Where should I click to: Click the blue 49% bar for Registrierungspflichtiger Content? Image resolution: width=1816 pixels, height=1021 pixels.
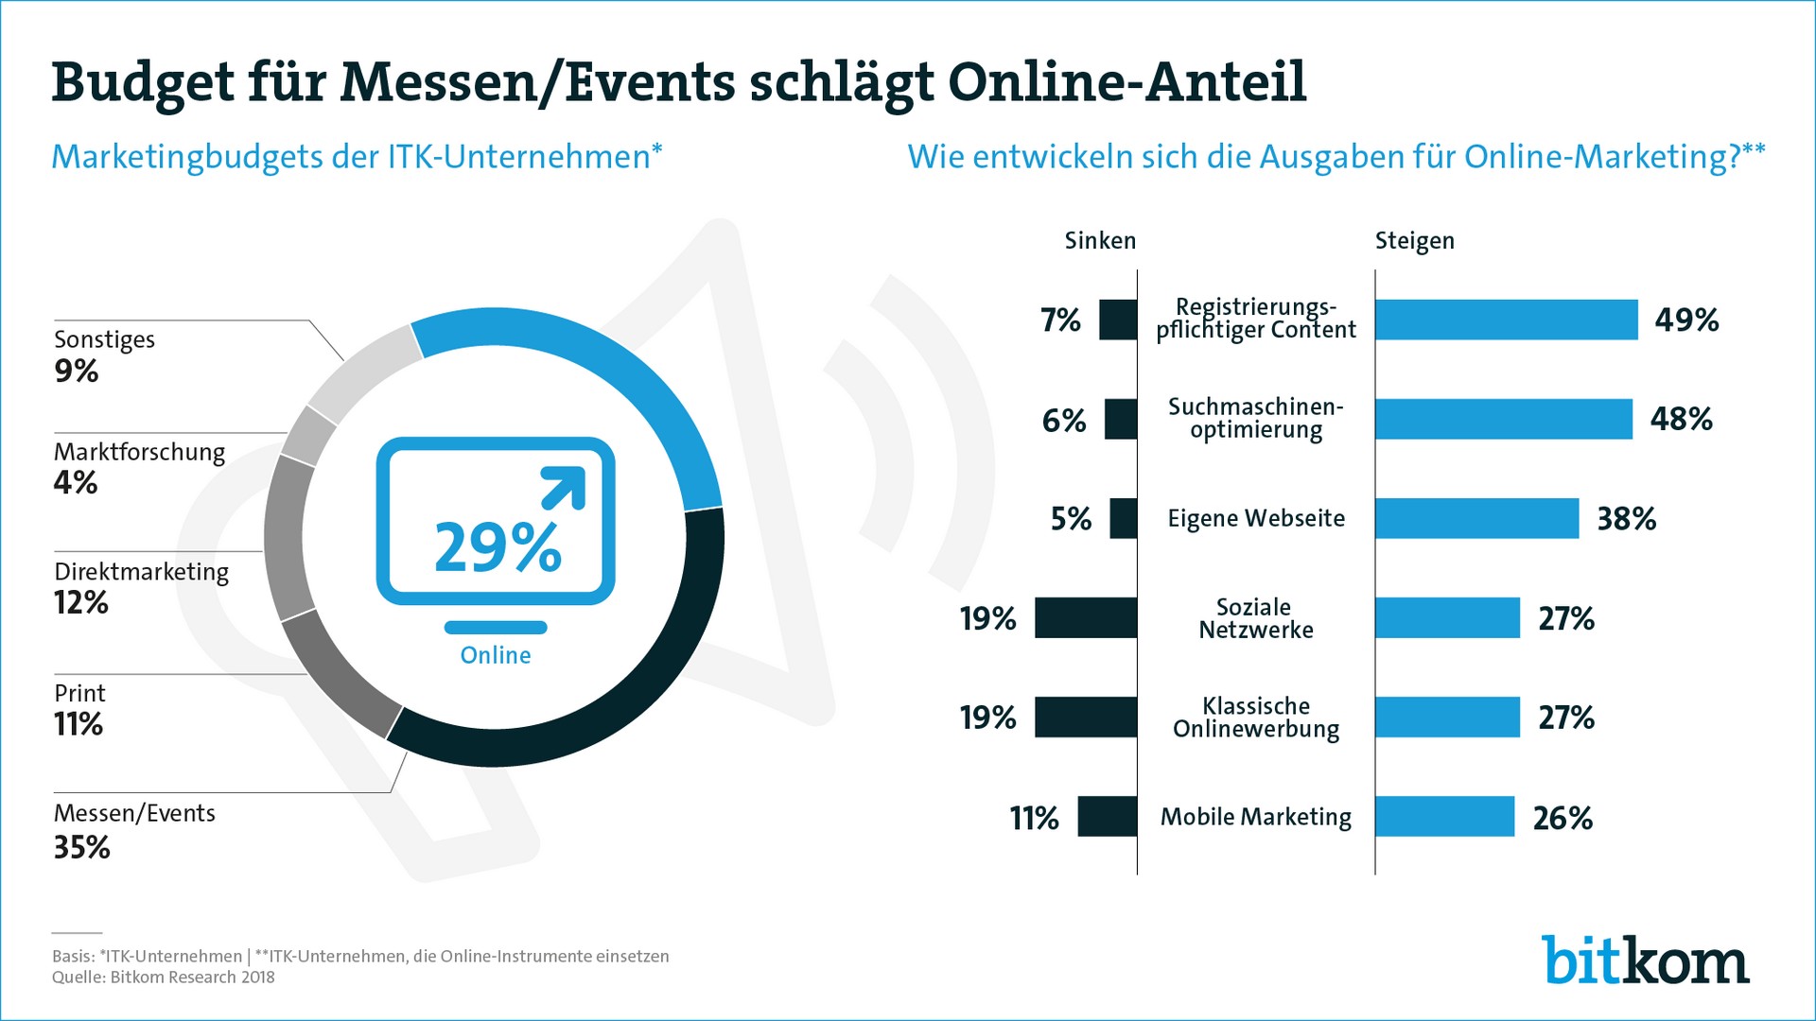(1506, 320)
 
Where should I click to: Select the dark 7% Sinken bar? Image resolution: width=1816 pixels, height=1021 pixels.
(1118, 320)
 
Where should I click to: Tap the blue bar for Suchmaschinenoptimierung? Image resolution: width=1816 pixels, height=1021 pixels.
(1503, 419)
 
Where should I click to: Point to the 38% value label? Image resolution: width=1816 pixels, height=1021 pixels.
(1626, 519)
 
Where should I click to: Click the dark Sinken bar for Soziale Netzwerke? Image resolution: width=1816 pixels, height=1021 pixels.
(1086, 618)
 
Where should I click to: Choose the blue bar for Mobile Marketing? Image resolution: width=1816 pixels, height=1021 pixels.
(1444, 817)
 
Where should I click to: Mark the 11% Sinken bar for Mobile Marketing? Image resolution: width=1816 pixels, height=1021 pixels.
(1107, 817)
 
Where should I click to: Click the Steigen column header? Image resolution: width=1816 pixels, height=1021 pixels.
(1414, 241)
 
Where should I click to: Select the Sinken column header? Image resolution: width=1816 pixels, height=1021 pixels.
(1100, 241)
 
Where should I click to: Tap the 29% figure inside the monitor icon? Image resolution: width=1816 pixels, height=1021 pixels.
(498, 547)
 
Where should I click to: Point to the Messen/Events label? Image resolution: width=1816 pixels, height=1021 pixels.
(134, 813)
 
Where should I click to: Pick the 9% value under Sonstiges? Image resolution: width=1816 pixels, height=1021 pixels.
(77, 371)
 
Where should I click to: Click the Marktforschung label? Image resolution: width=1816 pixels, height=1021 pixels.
(139, 452)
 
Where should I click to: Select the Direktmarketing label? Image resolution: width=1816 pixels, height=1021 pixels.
(141, 572)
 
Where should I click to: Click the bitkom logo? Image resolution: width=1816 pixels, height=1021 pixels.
(1645, 960)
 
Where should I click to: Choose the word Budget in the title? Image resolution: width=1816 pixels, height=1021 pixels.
(142, 83)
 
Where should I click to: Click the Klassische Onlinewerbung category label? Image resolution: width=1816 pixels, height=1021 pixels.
(1256, 718)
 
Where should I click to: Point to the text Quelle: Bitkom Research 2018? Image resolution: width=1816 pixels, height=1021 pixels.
(163, 978)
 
